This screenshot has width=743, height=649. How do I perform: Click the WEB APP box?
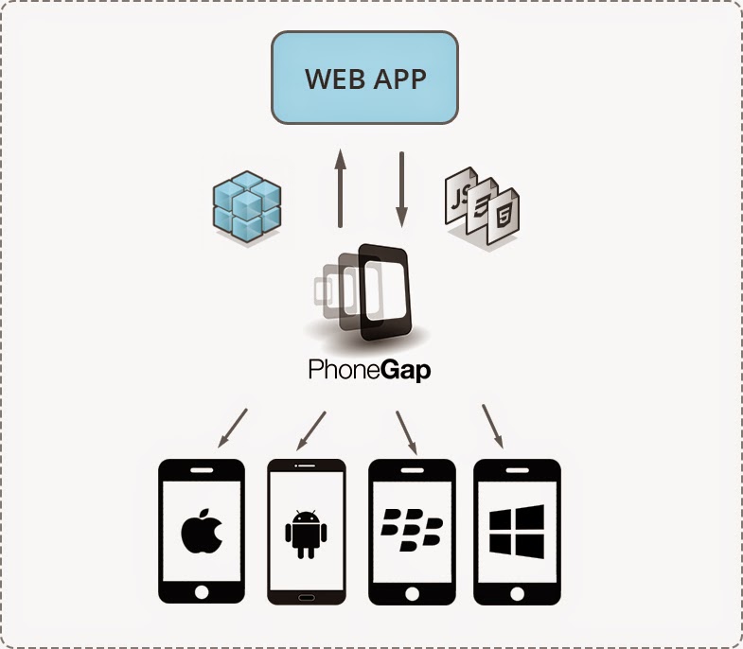pyautogui.click(x=364, y=78)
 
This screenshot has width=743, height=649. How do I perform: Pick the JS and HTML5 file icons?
pyautogui.click(x=483, y=207)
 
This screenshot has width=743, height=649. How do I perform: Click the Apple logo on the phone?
pyautogui.click(x=201, y=533)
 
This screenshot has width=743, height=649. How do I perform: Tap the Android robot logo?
pyautogui.click(x=306, y=533)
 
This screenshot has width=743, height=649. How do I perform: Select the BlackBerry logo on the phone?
pyautogui.click(x=411, y=533)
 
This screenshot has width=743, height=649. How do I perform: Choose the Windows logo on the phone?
pyautogui.click(x=517, y=531)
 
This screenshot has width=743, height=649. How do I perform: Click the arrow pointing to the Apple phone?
pyautogui.click(x=232, y=428)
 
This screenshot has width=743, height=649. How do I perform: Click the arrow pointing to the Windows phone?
pyautogui.click(x=492, y=427)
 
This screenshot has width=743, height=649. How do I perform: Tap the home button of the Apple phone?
pyautogui.click(x=201, y=591)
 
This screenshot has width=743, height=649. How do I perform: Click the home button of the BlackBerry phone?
pyautogui.click(x=412, y=591)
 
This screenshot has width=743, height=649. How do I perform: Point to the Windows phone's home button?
pyautogui.click(x=517, y=591)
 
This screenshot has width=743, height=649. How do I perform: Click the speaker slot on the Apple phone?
pyautogui.click(x=201, y=470)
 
